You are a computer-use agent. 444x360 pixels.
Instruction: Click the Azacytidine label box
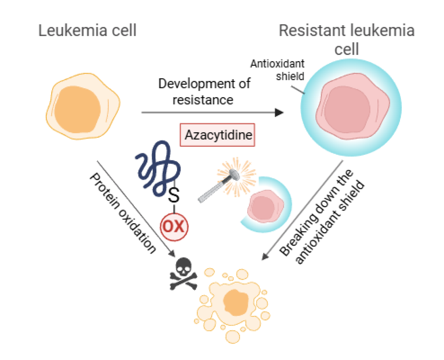point(218,134)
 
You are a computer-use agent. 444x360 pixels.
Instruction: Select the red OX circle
point(174,226)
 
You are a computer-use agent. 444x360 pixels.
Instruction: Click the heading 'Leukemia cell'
point(88,30)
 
